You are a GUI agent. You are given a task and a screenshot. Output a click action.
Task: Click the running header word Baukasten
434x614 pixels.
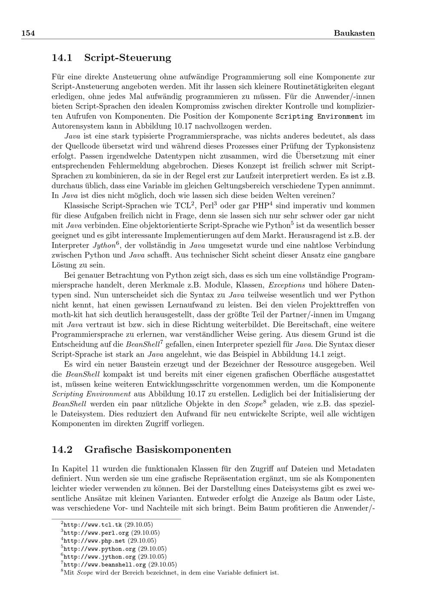click(x=354, y=33)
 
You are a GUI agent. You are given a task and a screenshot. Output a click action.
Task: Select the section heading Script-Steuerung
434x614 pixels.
click(x=128, y=58)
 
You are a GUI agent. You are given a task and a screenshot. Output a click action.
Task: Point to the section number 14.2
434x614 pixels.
click(x=62, y=449)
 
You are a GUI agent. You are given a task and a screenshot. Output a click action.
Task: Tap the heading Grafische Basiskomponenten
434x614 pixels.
click(x=158, y=449)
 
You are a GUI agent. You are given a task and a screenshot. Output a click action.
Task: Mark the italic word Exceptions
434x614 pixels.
click(x=286, y=285)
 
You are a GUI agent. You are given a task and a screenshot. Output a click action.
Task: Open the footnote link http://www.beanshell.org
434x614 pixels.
click(x=105, y=565)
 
